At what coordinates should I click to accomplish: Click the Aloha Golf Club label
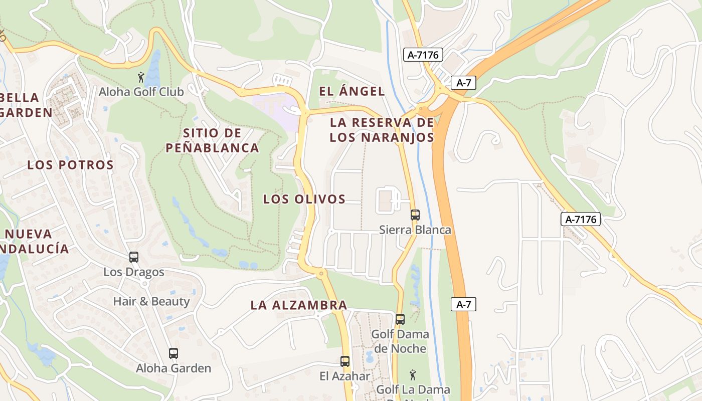click(x=141, y=92)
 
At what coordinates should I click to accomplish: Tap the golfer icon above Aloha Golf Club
click(x=141, y=77)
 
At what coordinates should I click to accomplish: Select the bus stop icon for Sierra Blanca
click(x=415, y=215)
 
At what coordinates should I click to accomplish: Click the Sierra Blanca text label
click(x=415, y=230)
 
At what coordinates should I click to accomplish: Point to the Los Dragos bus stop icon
click(x=134, y=257)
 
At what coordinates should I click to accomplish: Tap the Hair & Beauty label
click(x=151, y=301)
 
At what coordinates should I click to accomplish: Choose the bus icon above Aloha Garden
click(x=173, y=353)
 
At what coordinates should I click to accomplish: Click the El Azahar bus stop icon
click(x=345, y=361)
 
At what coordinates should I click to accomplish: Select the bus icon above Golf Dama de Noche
click(x=400, y=319)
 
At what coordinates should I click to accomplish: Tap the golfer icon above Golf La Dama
click(x=413, y=374)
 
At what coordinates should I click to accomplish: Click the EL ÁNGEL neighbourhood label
click(x=352, y=91)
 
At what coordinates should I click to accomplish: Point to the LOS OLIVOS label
click(x=304, y=199)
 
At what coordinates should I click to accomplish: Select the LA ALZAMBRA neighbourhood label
click(x=299, y=305)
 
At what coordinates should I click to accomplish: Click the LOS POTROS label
click(x=71, y=165)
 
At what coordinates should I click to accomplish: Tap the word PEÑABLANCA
click(x=212, y=148)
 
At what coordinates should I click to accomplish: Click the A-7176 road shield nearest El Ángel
click(x=423, y=55)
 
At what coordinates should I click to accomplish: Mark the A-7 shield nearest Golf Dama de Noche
click(x=463, y=304)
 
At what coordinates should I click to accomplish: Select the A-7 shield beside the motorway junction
click(x=463, y=83)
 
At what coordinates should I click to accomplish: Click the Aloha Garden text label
click(x=173, y=368)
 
